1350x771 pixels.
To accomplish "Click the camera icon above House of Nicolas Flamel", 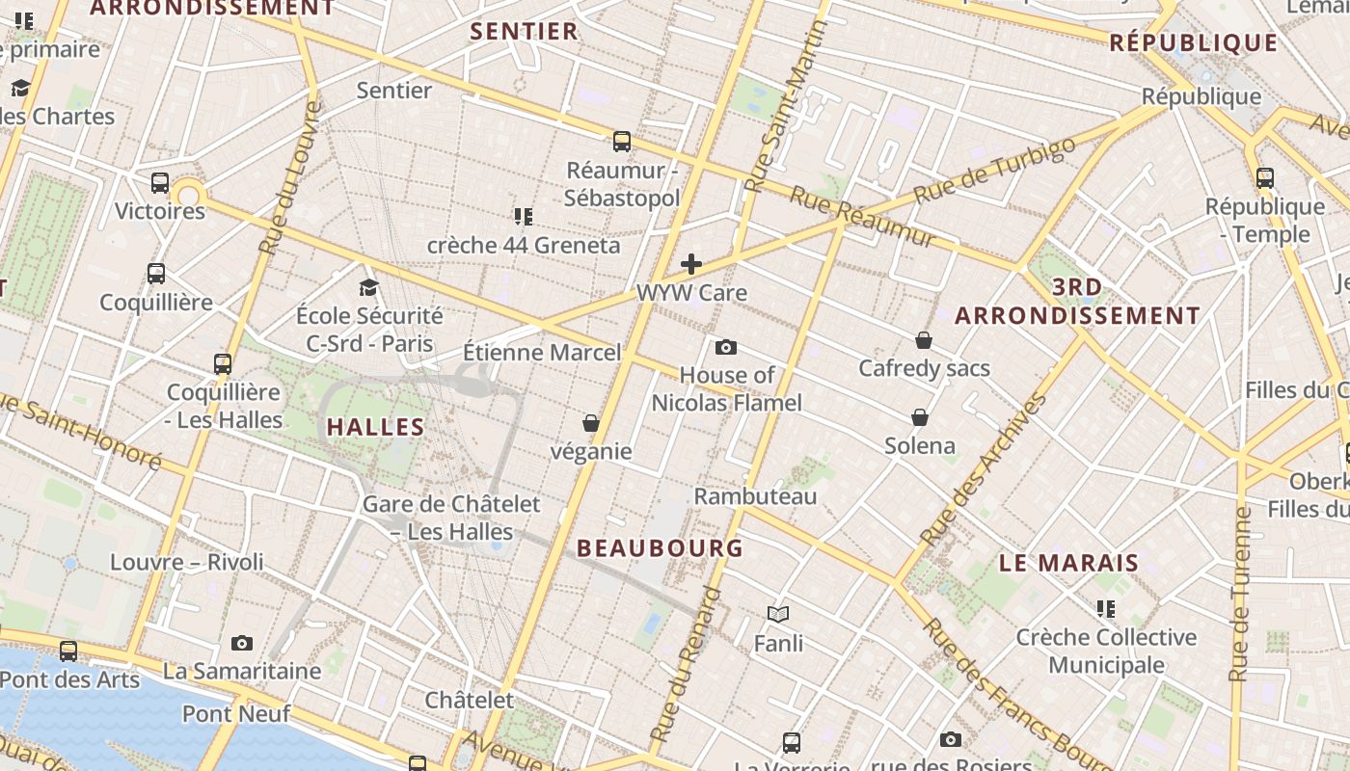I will click(726, 347).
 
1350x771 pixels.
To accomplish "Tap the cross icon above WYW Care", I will click(691, 263).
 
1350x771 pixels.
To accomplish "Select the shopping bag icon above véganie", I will click(591, 423).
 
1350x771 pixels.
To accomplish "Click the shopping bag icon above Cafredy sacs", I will click(924, 340).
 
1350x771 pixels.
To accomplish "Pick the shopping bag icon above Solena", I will click(920, 417).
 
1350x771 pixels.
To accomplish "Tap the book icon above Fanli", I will click(778, 614).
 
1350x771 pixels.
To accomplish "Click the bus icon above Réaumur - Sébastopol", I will click(622, 142).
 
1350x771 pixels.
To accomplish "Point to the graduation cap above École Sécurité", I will click(368, 287).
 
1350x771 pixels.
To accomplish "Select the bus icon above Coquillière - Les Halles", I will click(223, 364).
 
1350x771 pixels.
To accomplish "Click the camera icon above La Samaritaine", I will click(242, 643).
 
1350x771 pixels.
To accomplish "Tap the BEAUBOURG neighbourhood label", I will click(661, 548).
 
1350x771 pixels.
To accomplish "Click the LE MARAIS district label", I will click(1069, 563).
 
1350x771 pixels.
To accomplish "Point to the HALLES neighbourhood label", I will click(376, 427).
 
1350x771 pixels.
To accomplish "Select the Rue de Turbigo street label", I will click(994, 170).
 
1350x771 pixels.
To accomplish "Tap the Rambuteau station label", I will click(756, 496).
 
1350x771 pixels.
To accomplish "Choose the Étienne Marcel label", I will click(542, 353).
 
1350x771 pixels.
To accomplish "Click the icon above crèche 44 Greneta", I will click(524, 216).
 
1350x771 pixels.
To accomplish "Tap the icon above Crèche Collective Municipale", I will click(1106, 609).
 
